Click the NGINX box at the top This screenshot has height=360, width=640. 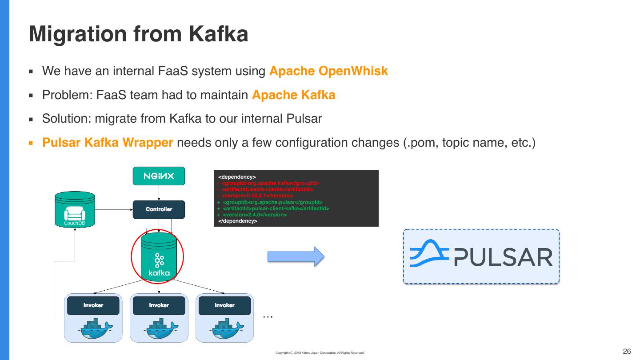point(159,176)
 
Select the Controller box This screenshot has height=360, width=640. point(159,209)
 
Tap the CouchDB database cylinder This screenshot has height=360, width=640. point(75,209)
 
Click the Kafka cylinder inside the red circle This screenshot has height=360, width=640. point(159,256)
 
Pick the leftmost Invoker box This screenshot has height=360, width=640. point(93,305)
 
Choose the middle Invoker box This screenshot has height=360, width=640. point(159,305)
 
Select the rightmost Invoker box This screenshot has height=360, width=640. point(224,305)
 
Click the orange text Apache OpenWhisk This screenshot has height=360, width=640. point(328,71)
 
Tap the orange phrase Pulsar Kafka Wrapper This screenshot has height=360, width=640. point(108,143)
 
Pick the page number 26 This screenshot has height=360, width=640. point(627,352)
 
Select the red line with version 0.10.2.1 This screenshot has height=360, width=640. point(255,196)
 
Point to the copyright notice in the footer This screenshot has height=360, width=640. point(320,353)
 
